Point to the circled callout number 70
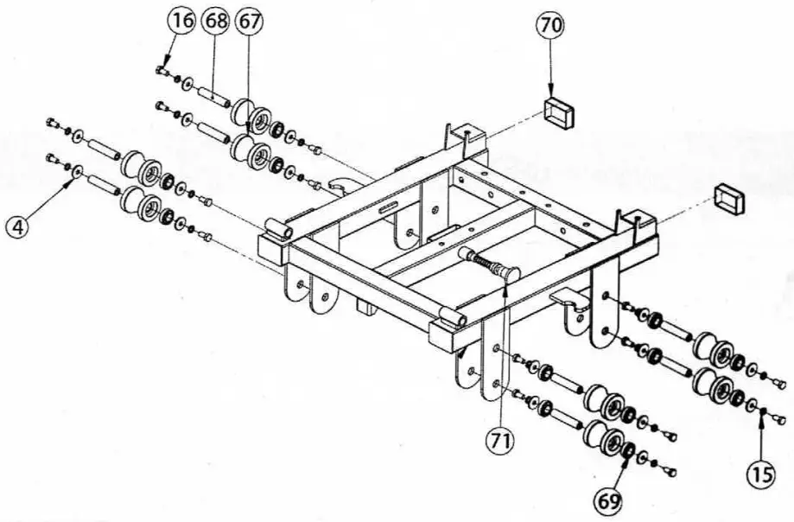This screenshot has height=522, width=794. (x=550, y=27)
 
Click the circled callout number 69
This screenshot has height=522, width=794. (x=610, y=500)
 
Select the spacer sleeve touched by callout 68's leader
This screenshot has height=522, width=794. (x=211, y=91)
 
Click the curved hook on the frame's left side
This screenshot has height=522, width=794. (x=340, y=187)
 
